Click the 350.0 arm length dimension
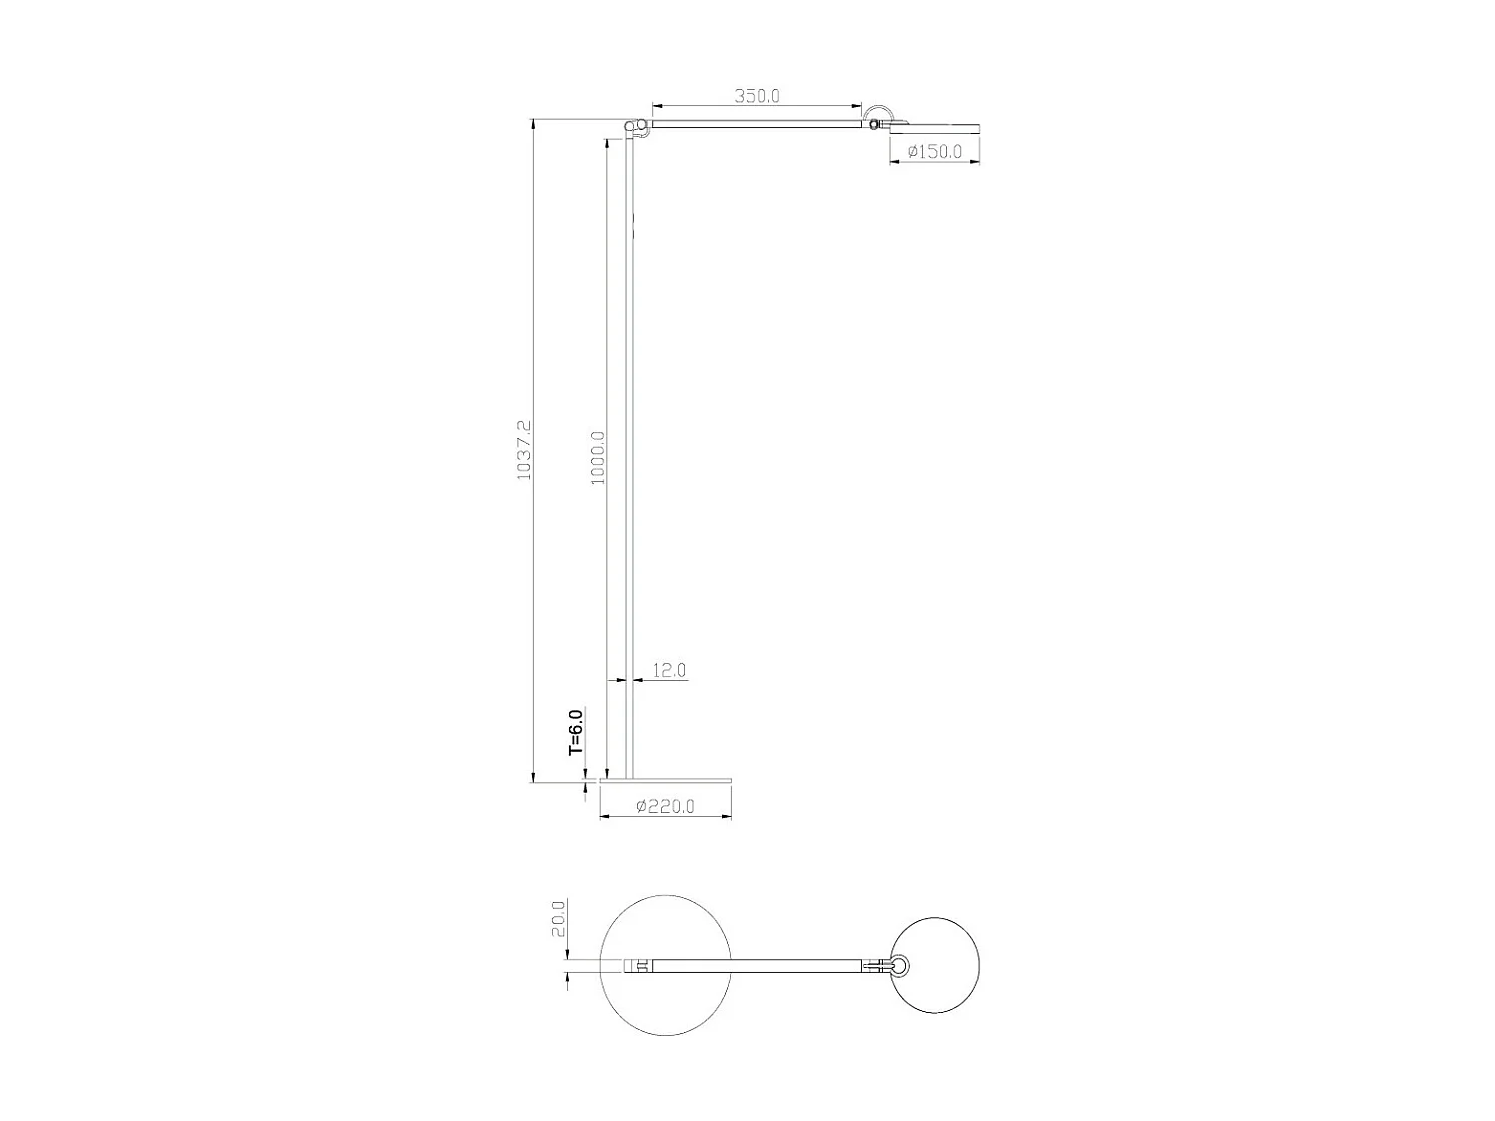pos(756,96)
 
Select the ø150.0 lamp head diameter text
pos(934,151)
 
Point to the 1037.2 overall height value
pos(524,449)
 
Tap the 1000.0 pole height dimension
pos(597,457)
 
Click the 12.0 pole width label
pos(669,670)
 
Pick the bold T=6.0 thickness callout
pos(575,733)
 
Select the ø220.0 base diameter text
pos(664,806)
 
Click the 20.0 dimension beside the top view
pos(558,918)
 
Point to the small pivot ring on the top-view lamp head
pos(899,965)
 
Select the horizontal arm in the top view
pos(757,965)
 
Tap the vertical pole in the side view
pos(629,448)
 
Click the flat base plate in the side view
pos(666,778)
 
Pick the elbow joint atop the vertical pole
pos(631,126)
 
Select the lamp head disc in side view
pos(934,127)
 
